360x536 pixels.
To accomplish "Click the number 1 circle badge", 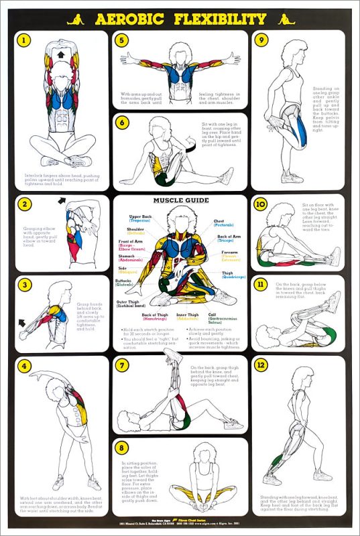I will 25,40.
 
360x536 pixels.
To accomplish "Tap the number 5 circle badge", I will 122,40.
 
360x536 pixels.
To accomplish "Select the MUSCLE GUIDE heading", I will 179,200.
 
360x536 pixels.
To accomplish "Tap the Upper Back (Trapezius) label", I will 141,220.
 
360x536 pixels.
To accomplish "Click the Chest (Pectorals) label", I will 223,223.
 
